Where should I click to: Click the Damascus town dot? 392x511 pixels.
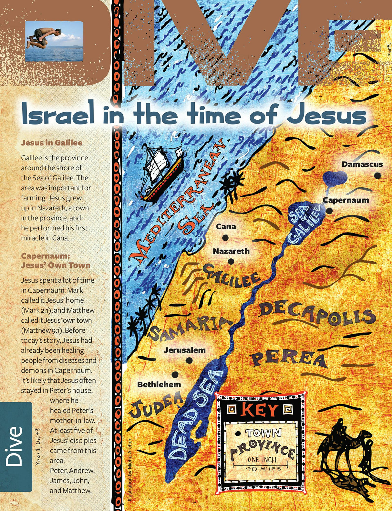[377, 175]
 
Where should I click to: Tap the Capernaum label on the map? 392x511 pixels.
[346, 200]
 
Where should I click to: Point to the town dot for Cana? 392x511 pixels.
[225, 238]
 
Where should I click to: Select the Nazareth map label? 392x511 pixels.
[231, 251]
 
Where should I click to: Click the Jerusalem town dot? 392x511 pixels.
[190, 361]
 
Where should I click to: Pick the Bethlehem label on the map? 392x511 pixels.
[159, 385]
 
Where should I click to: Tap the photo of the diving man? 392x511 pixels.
[54, 41]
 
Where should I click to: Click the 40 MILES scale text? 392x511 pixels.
[261, 469]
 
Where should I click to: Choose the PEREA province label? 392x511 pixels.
[289, 359]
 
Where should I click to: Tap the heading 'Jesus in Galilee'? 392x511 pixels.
[52, 143]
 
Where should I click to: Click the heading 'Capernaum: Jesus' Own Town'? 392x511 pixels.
[56, 261]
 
